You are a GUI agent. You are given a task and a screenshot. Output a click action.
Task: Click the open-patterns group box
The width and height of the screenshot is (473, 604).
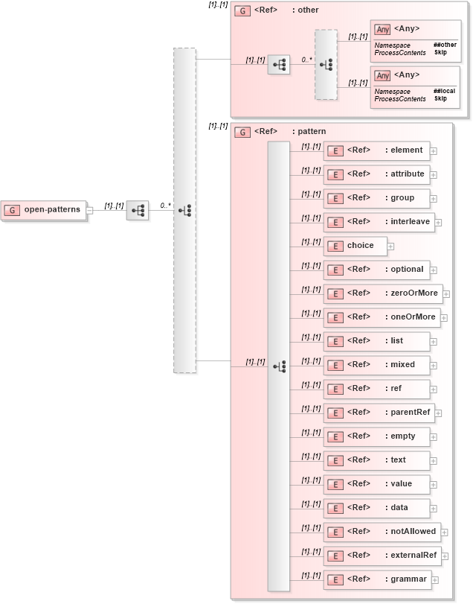point(44,210)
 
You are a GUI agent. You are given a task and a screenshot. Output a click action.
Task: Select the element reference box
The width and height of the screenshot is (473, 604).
point(376,150)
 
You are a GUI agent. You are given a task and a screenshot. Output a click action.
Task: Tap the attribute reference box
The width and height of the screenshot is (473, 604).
point(376,174)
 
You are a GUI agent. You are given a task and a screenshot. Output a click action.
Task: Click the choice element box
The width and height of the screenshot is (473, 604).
point(354,246)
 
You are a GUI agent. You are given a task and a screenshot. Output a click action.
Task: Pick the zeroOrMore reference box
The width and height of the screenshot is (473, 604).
point(382,293)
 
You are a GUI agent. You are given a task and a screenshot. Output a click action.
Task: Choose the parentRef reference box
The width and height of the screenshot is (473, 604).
point(379,413)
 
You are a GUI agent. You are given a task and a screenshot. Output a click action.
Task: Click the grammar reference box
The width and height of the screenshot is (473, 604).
point(376,579)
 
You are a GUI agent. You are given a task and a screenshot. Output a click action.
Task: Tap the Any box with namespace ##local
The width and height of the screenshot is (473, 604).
point(415,86)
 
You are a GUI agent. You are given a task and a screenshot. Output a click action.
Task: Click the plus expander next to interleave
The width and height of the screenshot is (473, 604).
point(438,222)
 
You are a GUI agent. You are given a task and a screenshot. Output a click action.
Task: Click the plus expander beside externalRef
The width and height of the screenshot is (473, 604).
point(445,556)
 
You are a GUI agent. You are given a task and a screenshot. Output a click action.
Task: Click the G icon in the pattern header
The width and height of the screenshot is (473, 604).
point(242,132)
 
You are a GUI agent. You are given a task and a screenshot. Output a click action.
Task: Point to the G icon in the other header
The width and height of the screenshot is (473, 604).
point(242,10)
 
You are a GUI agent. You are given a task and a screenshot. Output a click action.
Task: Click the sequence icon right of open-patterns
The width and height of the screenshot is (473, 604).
point(137,211)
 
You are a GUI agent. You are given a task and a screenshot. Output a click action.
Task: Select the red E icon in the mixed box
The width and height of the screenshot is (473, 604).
point(335,365)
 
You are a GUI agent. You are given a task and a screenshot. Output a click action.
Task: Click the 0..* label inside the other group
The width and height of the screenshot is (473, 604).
point(306,58)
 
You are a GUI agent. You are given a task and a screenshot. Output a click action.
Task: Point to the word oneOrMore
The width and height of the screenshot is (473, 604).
point(414,317)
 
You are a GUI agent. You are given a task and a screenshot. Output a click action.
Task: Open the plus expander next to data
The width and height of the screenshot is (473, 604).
point(434,508)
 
